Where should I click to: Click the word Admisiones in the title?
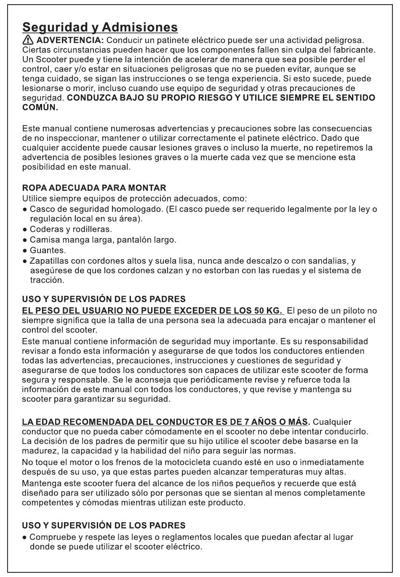click(x=140, y=27)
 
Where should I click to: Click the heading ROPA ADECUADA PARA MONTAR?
click(x=94, y=188)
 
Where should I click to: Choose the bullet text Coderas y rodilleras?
click(x=70, y=229)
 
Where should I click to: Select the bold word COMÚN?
click(x=40, y=107)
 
